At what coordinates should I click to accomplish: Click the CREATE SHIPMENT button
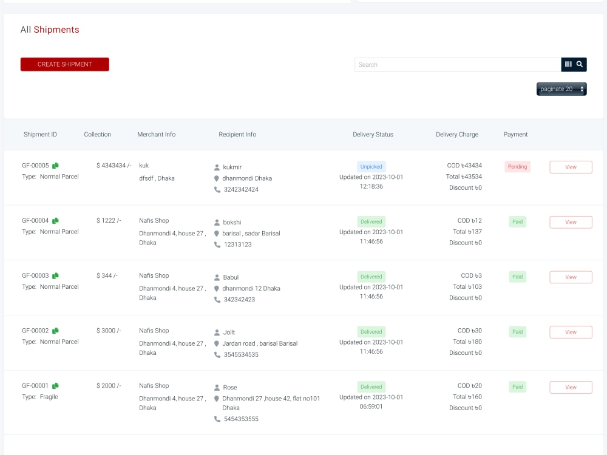pos(65,64)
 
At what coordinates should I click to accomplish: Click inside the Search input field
pos(458,65)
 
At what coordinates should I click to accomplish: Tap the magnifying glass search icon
pos(580,64)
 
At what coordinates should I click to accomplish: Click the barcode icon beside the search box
pos(568,64)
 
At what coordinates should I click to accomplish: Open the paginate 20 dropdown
pos(561,89)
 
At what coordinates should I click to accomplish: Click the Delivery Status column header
pos(373,134)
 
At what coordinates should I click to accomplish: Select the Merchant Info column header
pos(157,134)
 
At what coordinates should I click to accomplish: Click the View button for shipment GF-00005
pos(571,167)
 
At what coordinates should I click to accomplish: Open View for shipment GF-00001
pos(571,387)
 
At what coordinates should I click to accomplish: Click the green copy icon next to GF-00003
pos(55,275)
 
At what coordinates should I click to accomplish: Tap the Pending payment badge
pos(517,167)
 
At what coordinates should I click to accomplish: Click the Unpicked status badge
pos(371,167)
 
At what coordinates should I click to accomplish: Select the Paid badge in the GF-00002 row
pos(517,332)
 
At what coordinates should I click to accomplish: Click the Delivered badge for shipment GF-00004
pos(371,221)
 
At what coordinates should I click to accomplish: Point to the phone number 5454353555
pos(241,419)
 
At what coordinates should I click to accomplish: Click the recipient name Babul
pos(231,277)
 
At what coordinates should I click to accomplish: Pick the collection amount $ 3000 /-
pos(109,331)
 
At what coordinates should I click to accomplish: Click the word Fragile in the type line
pos(49,397)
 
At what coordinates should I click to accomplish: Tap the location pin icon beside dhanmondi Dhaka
pos(217,178)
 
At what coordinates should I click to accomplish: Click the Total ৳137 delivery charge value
pos(467,232)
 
